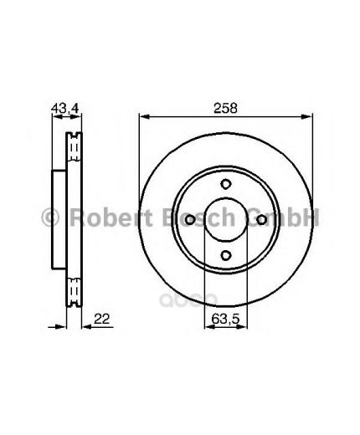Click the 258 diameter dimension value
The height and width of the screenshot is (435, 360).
(225, 108)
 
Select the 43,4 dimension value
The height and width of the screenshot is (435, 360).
(65, 108)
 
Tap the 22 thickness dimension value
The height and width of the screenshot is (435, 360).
(101, 319)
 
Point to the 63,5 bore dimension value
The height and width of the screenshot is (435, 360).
(225, 319)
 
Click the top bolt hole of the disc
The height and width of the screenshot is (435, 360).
(225, 184)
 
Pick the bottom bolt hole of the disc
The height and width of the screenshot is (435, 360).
(225, 255)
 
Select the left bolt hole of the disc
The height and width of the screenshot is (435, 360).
(190, 219)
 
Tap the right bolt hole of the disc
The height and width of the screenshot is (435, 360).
(261, 219)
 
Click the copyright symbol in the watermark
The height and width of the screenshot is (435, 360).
(50, 217)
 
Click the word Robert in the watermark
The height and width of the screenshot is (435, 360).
(111, 217)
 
